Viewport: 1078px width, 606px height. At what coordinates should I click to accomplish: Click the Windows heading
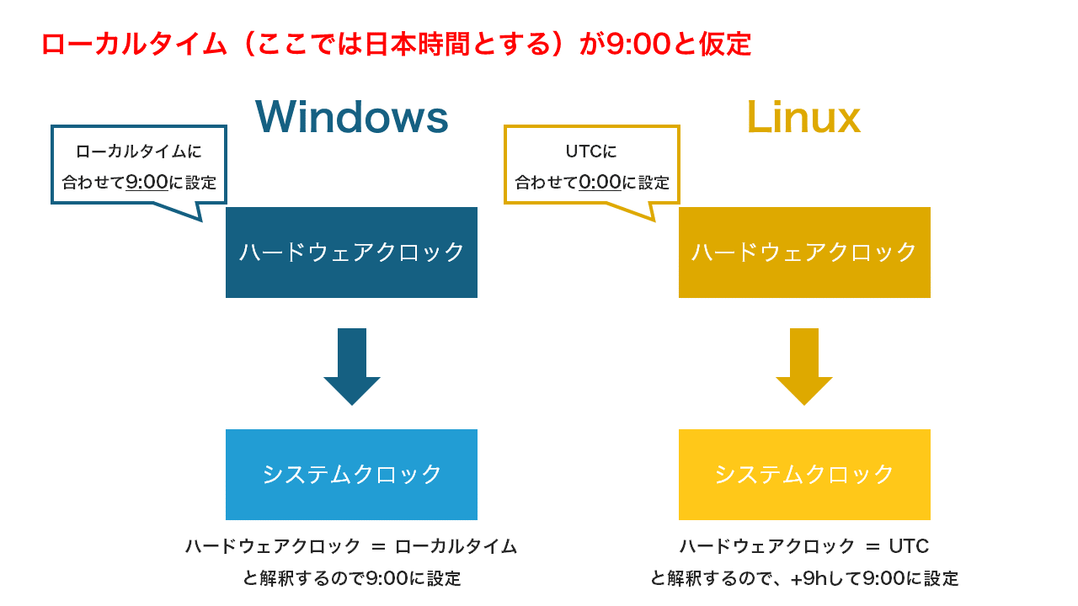click(x=351, y=117)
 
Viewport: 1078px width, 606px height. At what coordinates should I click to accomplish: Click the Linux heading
click(x=803, y=117)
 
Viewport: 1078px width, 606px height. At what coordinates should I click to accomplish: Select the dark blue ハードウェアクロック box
click(x=351, y=252)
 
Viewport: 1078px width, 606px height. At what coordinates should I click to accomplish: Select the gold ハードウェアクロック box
click(x=804, y=252)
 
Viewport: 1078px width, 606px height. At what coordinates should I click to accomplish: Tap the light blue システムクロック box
click(x=351, y=475)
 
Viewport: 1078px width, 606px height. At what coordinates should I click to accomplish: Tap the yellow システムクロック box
click(x=804, y=475)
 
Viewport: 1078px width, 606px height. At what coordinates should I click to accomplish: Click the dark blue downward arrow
click(x=352, y=366)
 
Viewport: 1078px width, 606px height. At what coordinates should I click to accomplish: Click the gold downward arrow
click(x=804, y=366)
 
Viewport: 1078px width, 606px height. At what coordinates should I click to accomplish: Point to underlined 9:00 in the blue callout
click(x=147, y=182)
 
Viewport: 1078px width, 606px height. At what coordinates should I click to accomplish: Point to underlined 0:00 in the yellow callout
click(x=600, y=182)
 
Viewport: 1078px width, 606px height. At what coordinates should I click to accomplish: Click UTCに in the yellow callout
click(x=591, y=151)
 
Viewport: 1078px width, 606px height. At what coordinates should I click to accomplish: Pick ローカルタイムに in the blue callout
click(x=139, y=151)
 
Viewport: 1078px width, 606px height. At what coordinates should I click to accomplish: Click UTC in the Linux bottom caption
click(x=909, y=546)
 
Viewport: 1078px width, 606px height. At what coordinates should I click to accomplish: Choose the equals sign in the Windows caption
click(x=378, y=546)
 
